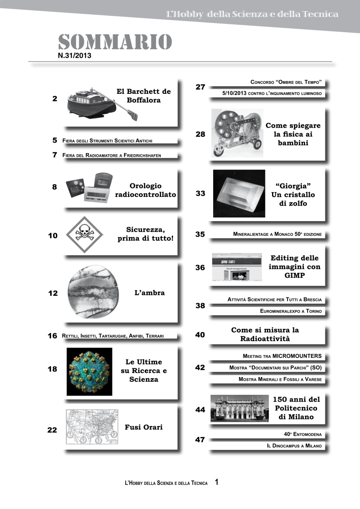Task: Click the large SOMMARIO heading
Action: pyautogui.click(x=115, y=42)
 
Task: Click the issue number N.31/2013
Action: pyautogui.click(x=75, y=56)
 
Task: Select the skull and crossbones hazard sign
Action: pyautogui.click(x=84, y=235)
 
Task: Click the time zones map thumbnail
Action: pyautogui.click(x=92, y=427)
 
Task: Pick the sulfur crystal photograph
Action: pyautogui.click(x=239, y=194)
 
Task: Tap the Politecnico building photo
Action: pyautogui.click(x=239, y=408)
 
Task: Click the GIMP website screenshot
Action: pyautogui.click(x=237, y=266)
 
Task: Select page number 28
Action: pyautogui.click(x=200, y=134)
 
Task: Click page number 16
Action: pyautogui.click(x=53, y=336)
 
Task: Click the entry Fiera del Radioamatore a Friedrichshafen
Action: pyautogui.click(x=112, y=155)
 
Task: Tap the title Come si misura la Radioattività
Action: pyautogui.click(x=265, y=334)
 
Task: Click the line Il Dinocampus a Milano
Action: pyautogui.click(x=294, y=446)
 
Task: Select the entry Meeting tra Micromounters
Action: pyautogui.click(x=282, y=356)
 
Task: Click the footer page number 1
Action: pyautogui.click(x=217, y=482)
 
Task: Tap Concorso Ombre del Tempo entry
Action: pyautogui.click(x=285, y=82)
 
